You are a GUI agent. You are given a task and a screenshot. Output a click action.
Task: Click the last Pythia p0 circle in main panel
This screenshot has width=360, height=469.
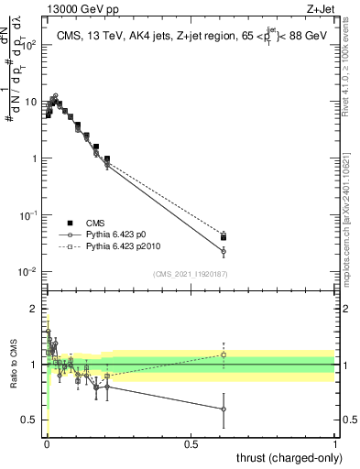[x=224, y=251]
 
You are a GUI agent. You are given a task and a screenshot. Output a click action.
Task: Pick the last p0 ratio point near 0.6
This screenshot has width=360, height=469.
[x=224, y=409]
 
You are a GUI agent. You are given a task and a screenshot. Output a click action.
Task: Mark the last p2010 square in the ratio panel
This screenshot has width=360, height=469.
[x=224, y=354]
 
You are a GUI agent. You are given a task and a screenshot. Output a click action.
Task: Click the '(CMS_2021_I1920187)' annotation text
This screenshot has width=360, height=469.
[x=191, y=273]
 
